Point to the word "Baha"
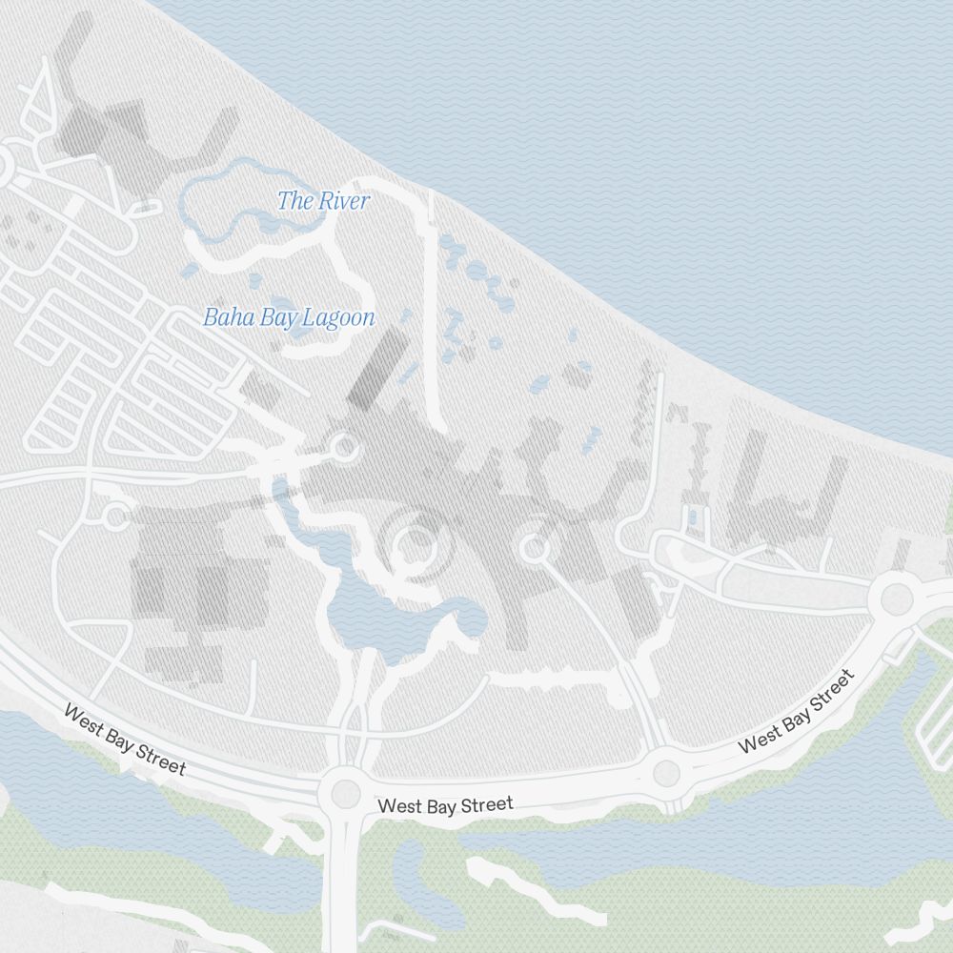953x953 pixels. pyautogui.click(x=222, y=317)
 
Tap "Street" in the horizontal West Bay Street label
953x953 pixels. pyautogui.click(x=485, y=804)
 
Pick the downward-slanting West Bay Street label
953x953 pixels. pyautogui.click(x=124, y=740)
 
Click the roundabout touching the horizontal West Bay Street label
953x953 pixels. pyautogui.click(x=345, y=793)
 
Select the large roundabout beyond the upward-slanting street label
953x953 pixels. pyautogui.click(x=897, y=598)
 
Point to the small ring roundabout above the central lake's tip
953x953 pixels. pyautogui.click(x=344, y=447)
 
